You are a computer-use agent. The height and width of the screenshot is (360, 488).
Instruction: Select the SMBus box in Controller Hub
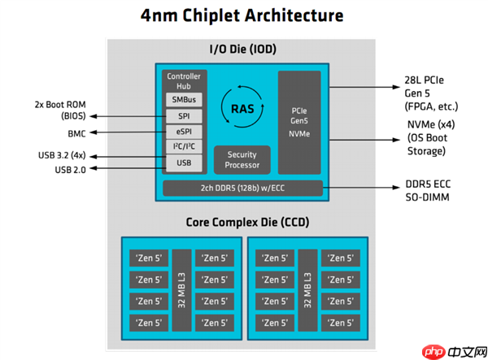tap(184, 100)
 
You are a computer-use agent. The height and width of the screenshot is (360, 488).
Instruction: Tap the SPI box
tap(184, 116)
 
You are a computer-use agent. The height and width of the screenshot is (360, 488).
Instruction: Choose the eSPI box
tap(184, 132)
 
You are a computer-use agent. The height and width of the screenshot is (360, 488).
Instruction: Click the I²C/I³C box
tap(184, 147)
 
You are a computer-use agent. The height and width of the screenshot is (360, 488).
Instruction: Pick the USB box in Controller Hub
tap(184, 163)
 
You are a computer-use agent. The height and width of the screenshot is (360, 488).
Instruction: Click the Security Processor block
tap(242, 159)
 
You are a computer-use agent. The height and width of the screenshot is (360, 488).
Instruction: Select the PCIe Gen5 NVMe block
tap(298, 122)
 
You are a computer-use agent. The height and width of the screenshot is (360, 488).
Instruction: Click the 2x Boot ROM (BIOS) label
tap(60, 111)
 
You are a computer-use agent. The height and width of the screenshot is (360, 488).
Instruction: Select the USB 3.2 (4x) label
tap(64, 154)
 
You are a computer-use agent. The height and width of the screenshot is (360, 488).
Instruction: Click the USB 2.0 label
tap(72, 169)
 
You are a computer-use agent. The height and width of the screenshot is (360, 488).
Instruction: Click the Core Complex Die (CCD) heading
tap(242, 221)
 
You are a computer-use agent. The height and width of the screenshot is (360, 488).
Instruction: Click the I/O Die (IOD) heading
tap(243, 50)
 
